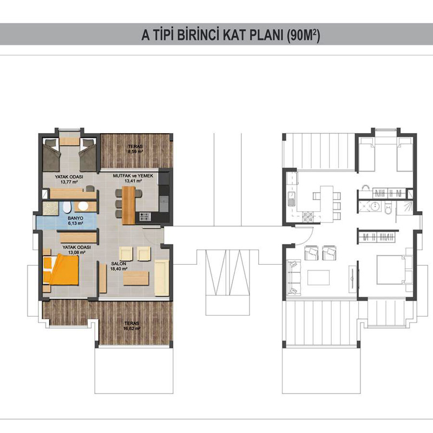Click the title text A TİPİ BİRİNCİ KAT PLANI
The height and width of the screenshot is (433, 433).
point(213,35)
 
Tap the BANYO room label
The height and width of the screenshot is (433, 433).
point(75,218)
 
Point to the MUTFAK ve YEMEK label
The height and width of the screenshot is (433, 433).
point(133,175)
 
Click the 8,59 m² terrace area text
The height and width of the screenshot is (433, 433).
point(135,152)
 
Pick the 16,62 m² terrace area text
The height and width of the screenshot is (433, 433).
point(132,329)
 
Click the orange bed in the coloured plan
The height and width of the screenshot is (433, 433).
point(61,270)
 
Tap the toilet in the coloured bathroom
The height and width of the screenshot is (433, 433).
point(67,207)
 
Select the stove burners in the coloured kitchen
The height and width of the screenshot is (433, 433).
point(145,216)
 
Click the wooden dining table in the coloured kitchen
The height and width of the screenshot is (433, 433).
point(129,205)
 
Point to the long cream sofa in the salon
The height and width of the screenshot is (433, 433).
point(162,278)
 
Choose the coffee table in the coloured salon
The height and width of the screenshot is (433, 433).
point(136,278)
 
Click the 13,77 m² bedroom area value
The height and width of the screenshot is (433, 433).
point(69,182)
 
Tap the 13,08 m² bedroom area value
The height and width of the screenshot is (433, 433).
point(76,252)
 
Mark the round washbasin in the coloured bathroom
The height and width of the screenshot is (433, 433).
point(83,206)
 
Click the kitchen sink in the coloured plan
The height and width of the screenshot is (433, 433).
point(163,204)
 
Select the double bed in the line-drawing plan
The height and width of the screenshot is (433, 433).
point(395,270)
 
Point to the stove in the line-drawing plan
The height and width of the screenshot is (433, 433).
point(308,217)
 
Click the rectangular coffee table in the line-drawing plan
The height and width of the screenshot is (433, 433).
point(319,278)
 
